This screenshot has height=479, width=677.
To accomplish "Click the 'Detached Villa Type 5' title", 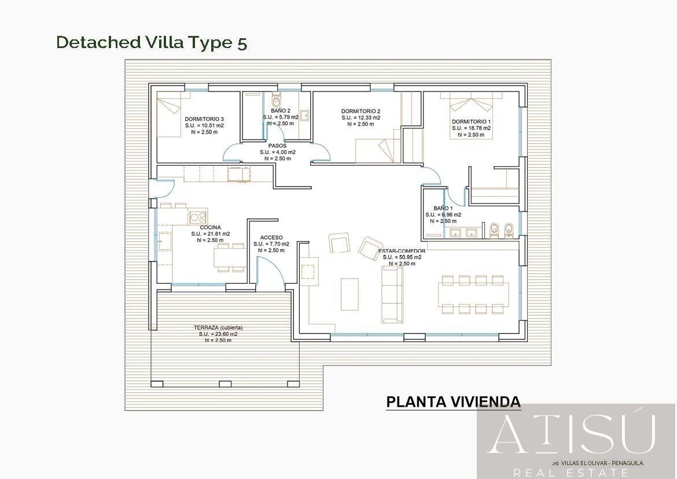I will [x=152, y=42].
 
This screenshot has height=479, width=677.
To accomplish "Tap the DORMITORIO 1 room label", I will [x=471, y=122].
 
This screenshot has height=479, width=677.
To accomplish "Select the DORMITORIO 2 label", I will [x=360, y=111].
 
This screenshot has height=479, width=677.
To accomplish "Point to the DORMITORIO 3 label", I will [x=204, y=119].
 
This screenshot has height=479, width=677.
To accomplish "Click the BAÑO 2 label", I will [x=281, y=110].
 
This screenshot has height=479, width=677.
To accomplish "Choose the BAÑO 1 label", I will [x=443, y=208].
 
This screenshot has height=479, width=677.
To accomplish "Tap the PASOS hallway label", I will [x=277, y=146].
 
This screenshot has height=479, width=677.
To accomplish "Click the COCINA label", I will [x=210, y=228].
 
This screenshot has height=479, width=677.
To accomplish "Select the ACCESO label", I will [x=271, y=237].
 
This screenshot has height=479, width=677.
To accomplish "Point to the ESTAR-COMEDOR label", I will [x=402, y=251].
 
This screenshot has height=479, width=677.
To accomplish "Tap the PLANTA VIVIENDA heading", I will [x=453, y=402].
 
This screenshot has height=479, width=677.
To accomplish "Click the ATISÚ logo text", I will [x=572, y=434].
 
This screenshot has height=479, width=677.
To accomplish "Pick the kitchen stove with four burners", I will [x=198, y=217].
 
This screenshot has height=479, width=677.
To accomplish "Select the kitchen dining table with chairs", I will [x=230, y=257].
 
